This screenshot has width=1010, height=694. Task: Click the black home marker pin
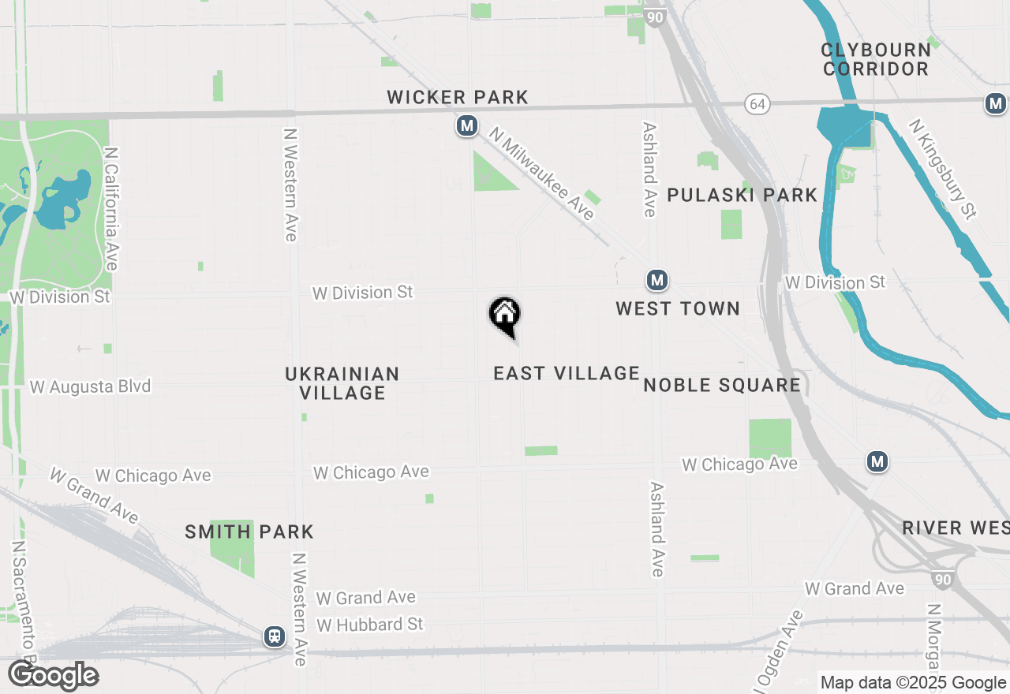[x=505, y=316]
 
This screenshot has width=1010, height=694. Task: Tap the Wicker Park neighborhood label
[x=458, y=98]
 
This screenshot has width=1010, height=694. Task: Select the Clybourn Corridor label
[x=875, y=59]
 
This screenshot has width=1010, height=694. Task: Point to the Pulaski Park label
[x=742, y=195]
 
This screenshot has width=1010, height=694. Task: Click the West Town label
[x=678, y=308]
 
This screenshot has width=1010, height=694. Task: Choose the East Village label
[x=566, y=373]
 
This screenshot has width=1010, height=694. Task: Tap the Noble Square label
[x=722, y=385]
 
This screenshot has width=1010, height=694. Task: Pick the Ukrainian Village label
[x=342, y=383]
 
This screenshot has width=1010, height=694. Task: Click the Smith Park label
[x=249, y=532]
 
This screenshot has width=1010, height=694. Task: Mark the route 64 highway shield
[x=757, y=104]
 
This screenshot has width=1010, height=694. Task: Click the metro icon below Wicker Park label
[x=467, y=125]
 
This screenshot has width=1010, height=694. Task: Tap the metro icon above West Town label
[x=656, y=280]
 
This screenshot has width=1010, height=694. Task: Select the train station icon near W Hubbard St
[x=275, y=636]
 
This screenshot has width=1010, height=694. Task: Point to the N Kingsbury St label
[x=943, y=169]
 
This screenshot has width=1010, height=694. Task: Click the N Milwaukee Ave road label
[x=541, y=175]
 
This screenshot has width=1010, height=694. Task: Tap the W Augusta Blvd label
[x=90, y=387]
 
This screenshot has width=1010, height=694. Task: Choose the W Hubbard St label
[x=370, y=625]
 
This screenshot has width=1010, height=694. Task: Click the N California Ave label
[x=110, y=208]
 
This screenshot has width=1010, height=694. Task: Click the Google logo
[x=53, y=676]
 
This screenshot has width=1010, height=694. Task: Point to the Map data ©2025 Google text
[x=913, y=683]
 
